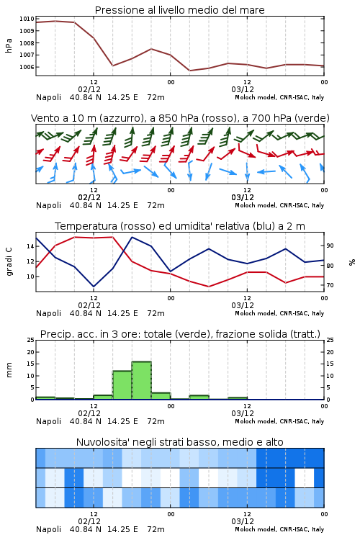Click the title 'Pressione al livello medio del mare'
(x=180, y=10)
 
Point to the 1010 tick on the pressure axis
(x=27, y=19)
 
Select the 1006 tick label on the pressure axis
(x=27, y=67)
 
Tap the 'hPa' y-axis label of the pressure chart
(x=9, y=45)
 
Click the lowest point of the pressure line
(x=190, y=71)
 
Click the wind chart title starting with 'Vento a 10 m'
(x=180, y=118)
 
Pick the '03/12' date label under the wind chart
(x=243, y=197)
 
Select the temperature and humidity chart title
(x=180, y=226)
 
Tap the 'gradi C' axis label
(x=9, y=261)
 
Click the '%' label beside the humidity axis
(x=352, y=262)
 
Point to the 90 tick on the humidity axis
(x=330, y=246)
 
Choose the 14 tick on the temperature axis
(x=31, y=246)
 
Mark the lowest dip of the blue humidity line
(x=94, y=287)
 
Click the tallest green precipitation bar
(x=142, y=381)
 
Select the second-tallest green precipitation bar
(x=122, y=385)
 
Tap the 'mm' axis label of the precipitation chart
(x=9, y=370)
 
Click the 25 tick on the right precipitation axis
(x=330, y=340)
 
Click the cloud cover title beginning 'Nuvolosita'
(x=180, y=442)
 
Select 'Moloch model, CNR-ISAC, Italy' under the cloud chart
(x=279, y=529)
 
